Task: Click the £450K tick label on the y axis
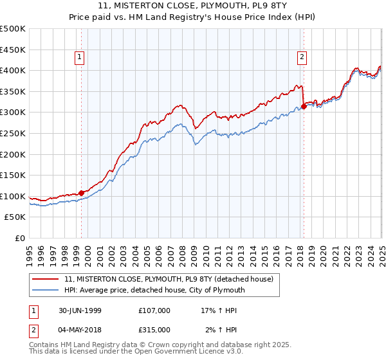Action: pos(13,50)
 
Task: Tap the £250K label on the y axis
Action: pos(13,133)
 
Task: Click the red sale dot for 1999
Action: pos(82,192)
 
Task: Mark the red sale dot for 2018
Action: pos(303,106)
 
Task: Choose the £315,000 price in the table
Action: pos(154,329)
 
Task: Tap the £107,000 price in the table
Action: pos(154,310)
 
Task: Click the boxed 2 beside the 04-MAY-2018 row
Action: pos(33,329)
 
